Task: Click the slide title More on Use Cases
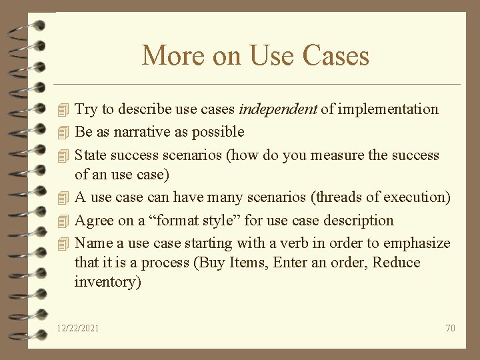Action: [255, 55]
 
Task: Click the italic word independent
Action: [277, 109]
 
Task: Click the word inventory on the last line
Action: [107, 282]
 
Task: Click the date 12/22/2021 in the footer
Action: [78, 328]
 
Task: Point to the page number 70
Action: [450, 328]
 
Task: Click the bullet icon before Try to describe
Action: [63, 109]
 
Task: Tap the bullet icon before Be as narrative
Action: [63, 132]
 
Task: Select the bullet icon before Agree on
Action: [63, 221]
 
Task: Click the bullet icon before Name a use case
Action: [63, 243]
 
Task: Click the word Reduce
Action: [396, 263]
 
